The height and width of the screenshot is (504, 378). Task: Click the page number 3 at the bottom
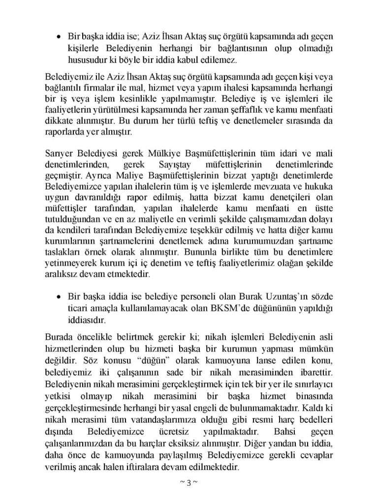click(189, 482)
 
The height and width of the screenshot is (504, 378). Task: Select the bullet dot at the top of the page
click(58, 37)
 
